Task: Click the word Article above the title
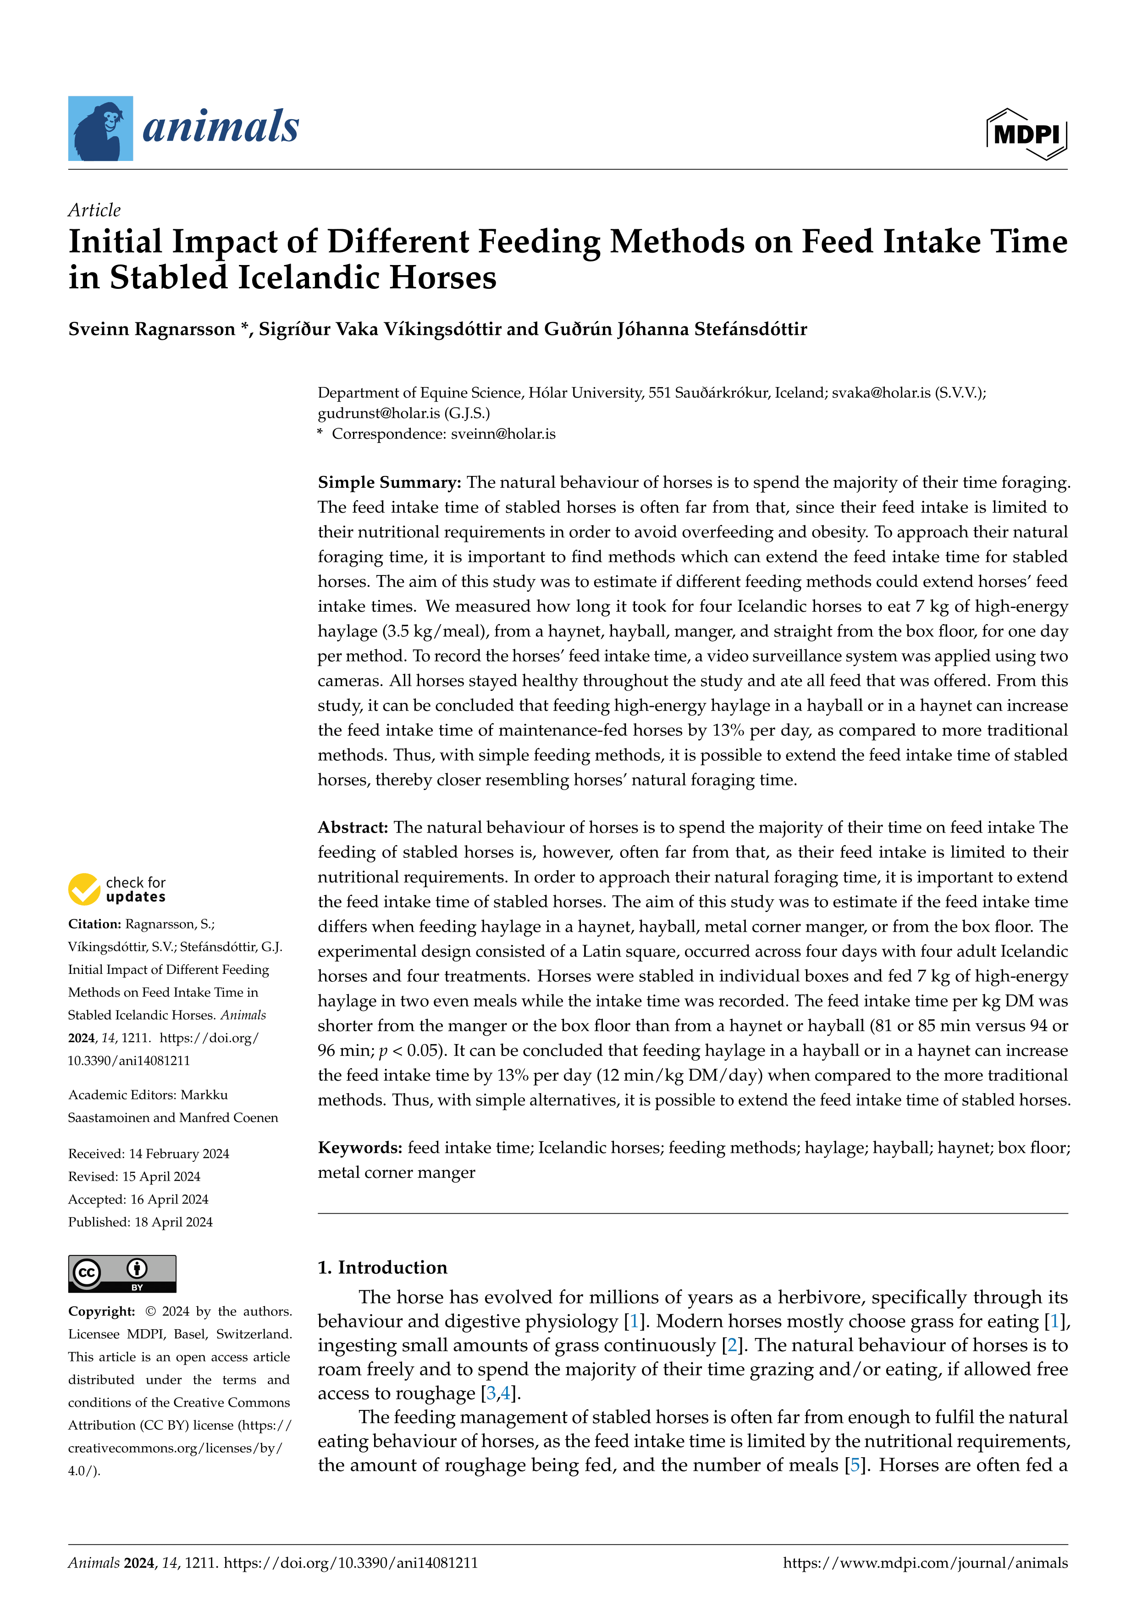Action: pos(94,210)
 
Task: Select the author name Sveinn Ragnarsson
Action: pos(151,329)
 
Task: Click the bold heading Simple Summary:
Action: pos(389,482)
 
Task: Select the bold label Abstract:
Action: pos(353,827)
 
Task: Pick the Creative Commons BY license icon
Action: pos(122,1273)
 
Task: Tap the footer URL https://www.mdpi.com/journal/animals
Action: pos(925,1563)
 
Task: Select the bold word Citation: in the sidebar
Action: pos(94,924)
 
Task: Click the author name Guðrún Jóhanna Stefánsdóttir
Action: pos(712,329)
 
